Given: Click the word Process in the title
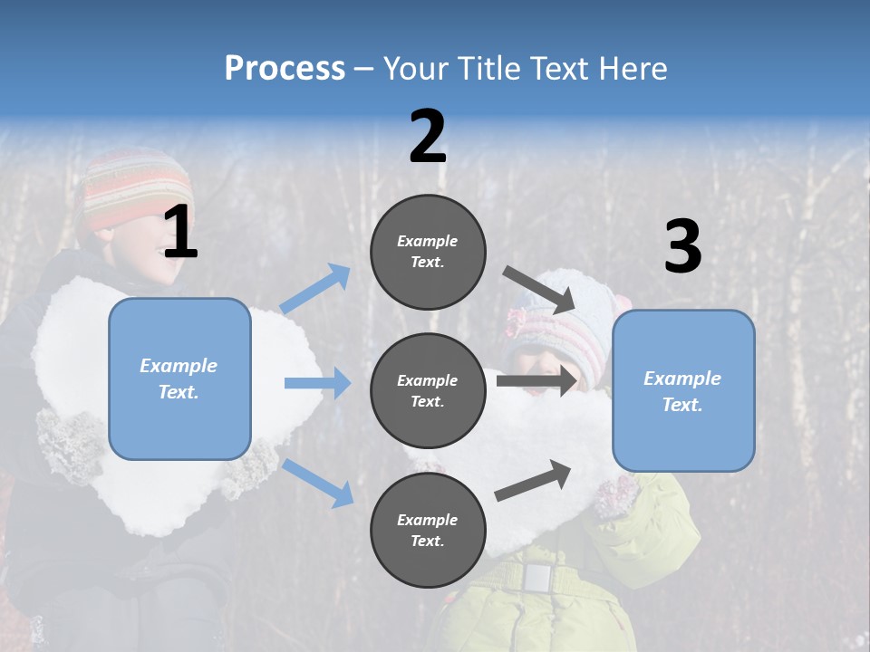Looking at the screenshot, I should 285,68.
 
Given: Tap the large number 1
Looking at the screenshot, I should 180,233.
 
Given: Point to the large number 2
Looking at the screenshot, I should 428,137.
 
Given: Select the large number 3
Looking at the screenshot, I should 682,247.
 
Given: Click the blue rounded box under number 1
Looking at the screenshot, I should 179,379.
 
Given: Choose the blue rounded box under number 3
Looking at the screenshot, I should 683,390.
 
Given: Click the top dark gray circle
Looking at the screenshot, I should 428,252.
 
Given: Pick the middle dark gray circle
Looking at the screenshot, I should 428,390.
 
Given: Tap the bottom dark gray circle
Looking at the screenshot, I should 428,530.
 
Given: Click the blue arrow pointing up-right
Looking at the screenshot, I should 315,289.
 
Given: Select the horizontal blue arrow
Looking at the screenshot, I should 317,384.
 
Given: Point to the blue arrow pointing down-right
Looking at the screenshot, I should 317,482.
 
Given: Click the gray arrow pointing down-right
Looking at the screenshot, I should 541,289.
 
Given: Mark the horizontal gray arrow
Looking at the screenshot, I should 536,380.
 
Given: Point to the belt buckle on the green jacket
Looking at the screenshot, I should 537,577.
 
